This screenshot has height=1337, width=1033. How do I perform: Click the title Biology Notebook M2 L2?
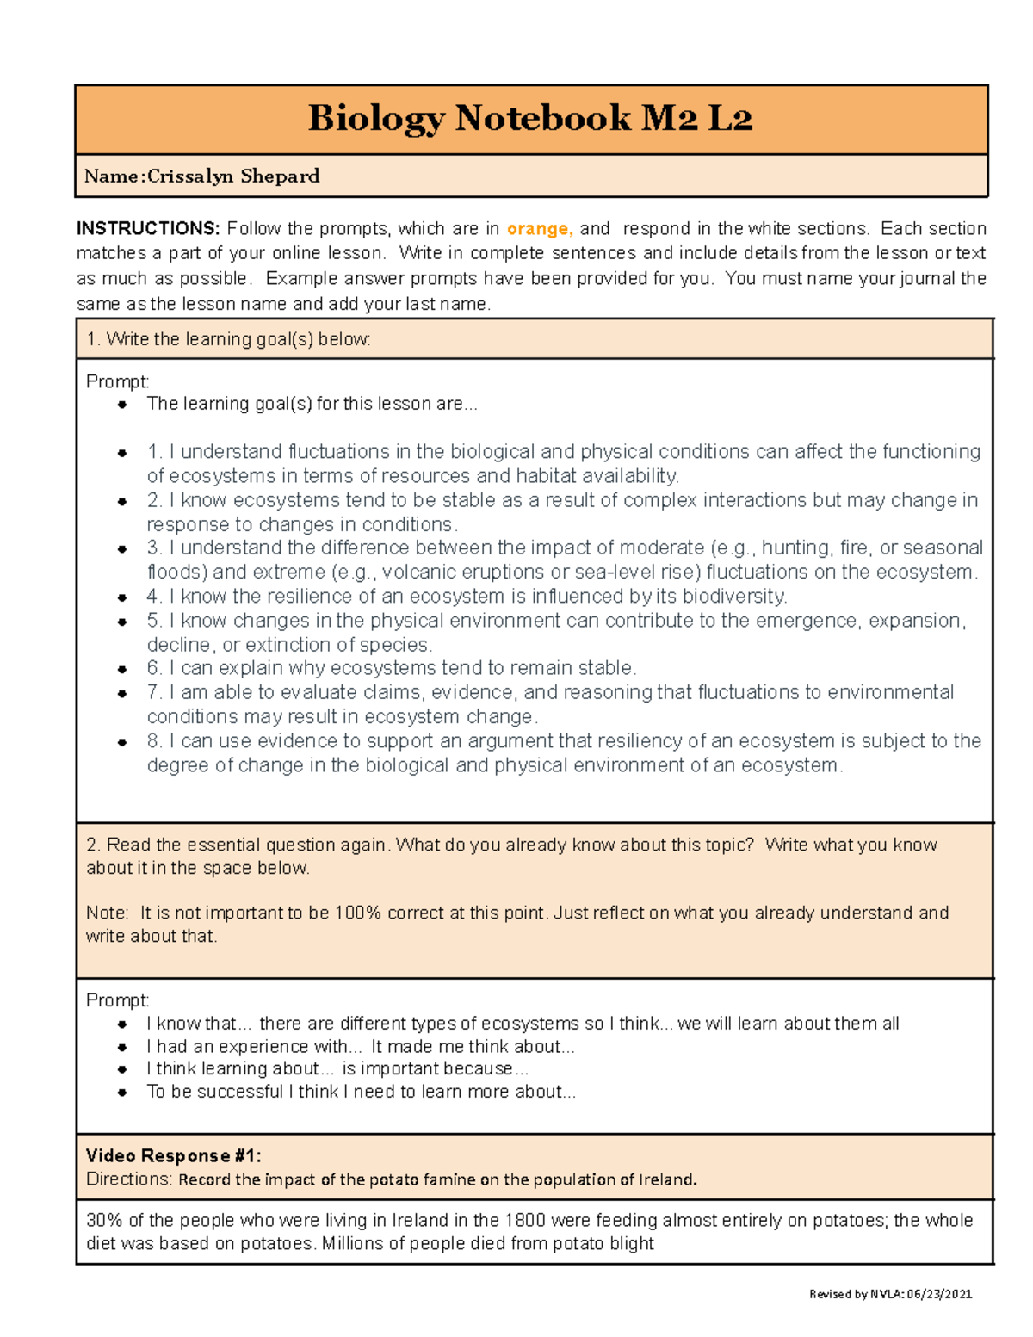click(x=530, y=118)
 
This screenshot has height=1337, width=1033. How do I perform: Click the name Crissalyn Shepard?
click(x=233, y=176)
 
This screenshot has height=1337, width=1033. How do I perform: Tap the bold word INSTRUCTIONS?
click(x=148, y=229)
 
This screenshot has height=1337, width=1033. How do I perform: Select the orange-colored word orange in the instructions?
click(x=538, y=229)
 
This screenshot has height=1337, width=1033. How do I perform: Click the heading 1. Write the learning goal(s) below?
click(x=228, y=339)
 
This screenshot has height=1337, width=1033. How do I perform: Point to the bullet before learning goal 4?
click(x=123, y=597)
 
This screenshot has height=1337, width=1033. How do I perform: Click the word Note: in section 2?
click(x=108, y=913)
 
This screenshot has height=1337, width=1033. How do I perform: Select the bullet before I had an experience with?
click(x=123, y=1048)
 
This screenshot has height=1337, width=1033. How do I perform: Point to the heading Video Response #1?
click(x=173, y=1156)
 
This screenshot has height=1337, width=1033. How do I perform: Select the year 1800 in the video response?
click(x=525, y=1221)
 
